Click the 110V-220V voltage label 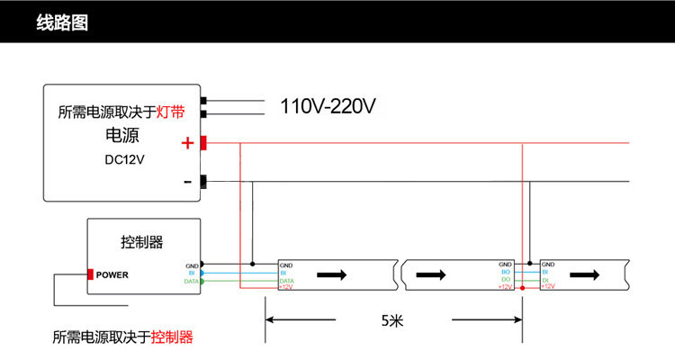click(x=328, y=107)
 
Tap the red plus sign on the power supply click(x=187, y=143)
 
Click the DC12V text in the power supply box click(x=124, y=159)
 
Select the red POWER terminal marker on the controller click(x=90, y=274)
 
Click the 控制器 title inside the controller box click(x=141, y=242)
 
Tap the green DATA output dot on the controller click(x=202, y=282)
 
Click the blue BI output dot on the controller click(x=202, y=273)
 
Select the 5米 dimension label click(x=392, y=319)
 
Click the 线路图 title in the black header click(x=62, y=23)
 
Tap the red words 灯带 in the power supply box click(x=171, y=112)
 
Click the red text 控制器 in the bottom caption click(x=172, y=337)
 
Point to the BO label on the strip click(x=506, y=272)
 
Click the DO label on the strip click(x=506, y=279)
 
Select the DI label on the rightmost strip click(x=545, y=279)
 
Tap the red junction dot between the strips click(x=523, y=287)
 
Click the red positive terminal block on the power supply click(x=204, y=143)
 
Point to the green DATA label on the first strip click(x=287, y=281)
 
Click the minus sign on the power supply click(x=187, y=182)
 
